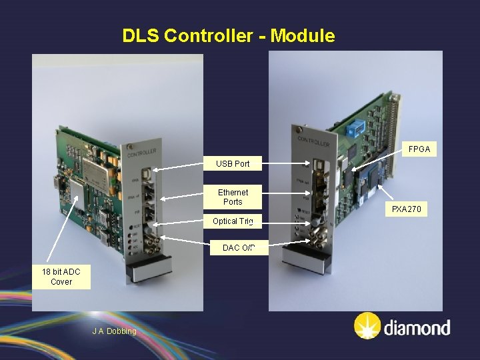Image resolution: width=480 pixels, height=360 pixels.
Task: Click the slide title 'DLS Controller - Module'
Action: [229, 36]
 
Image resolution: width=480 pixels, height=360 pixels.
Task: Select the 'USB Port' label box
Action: [233, 163]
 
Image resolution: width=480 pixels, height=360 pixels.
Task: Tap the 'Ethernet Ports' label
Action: [233, 197]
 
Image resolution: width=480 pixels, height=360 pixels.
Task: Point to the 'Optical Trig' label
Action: [233, 221]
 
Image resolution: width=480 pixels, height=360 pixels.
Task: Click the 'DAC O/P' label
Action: [239, 248]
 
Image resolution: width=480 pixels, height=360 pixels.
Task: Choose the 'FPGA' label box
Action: [419, 150]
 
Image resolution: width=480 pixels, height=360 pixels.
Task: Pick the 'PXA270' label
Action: [406, 210]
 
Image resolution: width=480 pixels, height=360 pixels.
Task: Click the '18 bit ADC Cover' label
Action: [61, 277]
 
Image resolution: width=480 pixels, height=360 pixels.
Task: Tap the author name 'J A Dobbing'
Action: [114, 331]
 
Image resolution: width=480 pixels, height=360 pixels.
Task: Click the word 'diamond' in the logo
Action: [417, 328]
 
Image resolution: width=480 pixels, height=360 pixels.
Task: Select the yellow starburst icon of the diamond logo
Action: [367, 327]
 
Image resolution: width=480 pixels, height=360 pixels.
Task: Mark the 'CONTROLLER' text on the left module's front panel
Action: [142, 153]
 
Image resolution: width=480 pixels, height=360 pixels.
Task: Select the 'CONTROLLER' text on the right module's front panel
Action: [313, 142]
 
